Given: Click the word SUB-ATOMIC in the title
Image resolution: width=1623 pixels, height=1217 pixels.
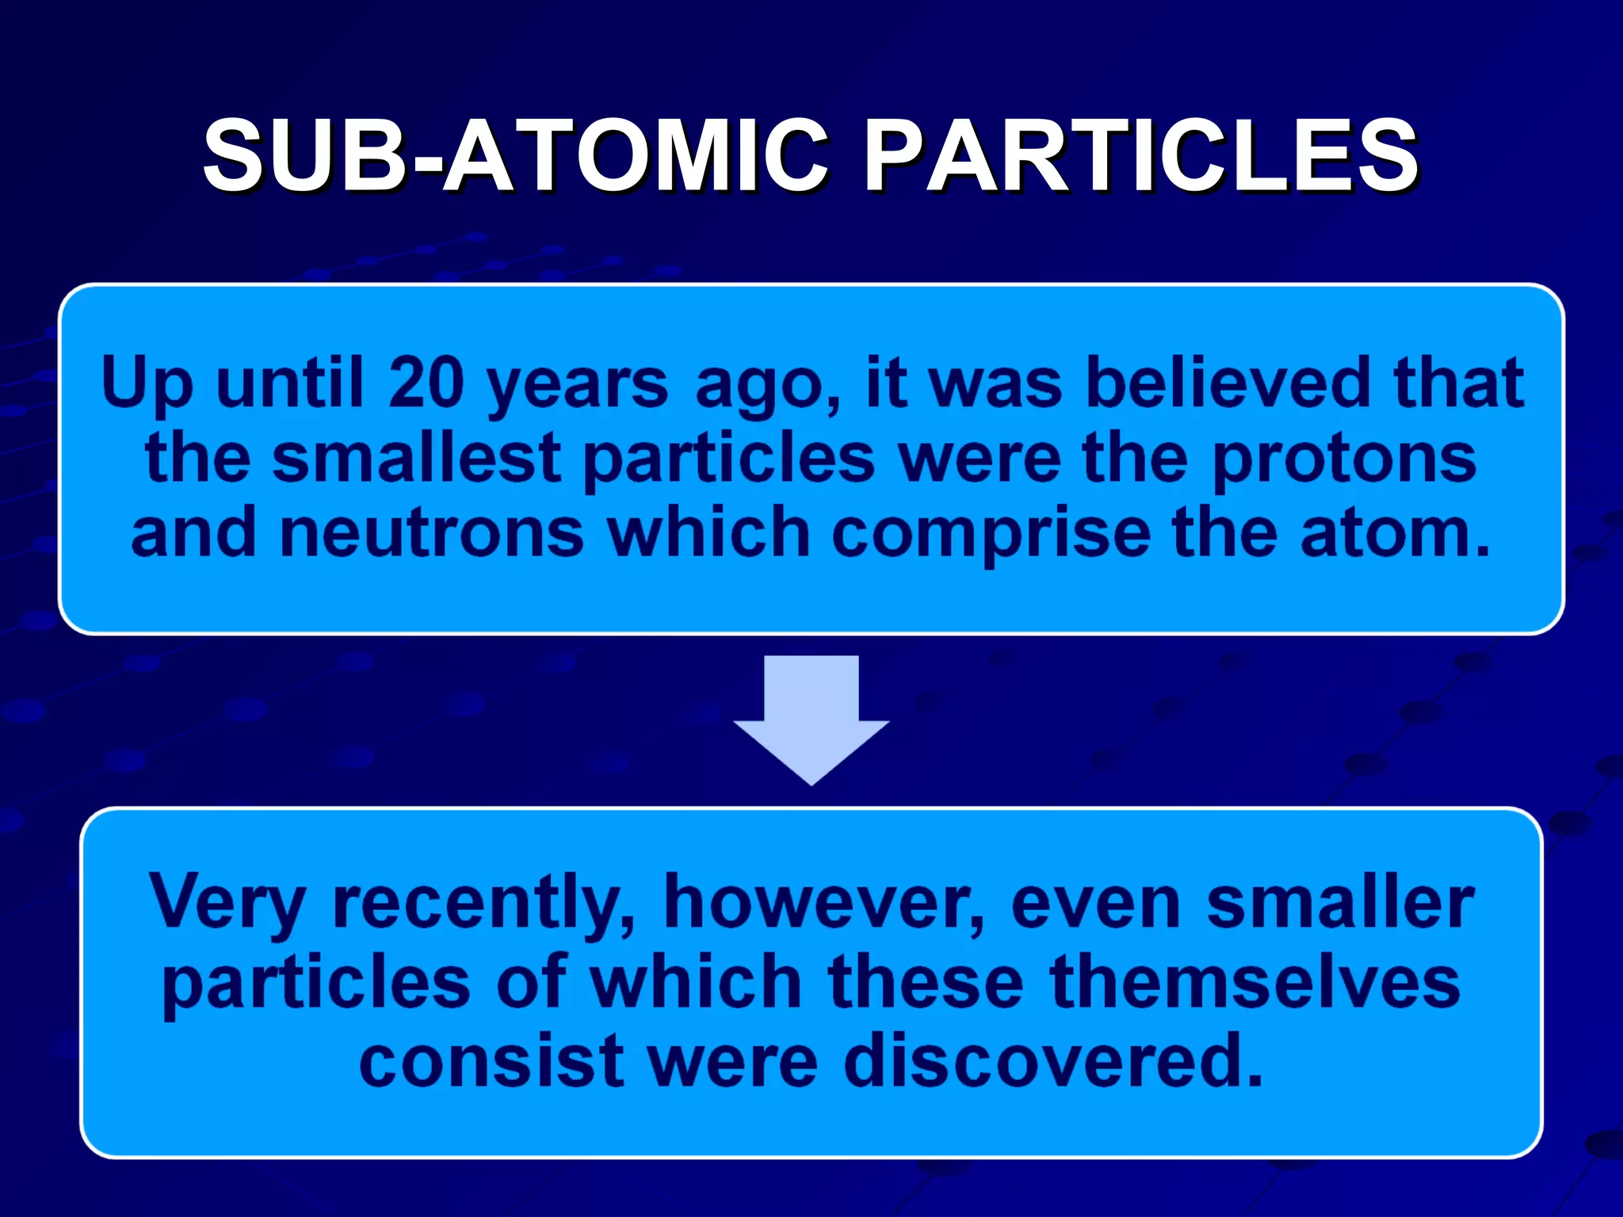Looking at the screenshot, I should (515, 156).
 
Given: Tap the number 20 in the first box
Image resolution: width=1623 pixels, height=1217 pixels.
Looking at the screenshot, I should (426, 383).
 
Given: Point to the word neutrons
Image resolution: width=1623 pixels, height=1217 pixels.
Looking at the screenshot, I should (432, 533).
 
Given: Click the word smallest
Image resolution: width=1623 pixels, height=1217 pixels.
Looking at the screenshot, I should (417, 460).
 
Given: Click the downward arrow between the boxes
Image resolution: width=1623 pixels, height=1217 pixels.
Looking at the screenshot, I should (811, 717).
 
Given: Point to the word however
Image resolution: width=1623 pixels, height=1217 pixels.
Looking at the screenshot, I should (824, 903).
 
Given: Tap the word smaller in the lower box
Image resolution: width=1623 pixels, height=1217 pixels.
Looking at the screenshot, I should (1339, 903).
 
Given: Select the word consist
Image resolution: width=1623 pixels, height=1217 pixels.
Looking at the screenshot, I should (491, 1062).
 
